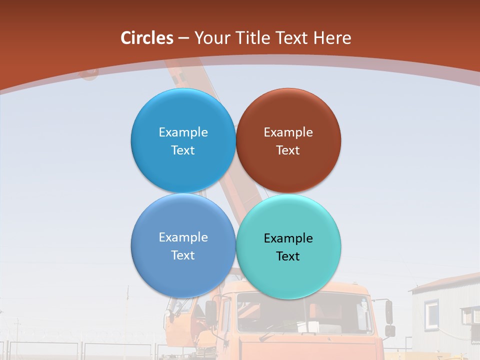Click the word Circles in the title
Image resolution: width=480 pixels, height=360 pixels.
(x=147, y=38)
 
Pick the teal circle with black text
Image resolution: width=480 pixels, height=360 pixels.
(x=288, y=275)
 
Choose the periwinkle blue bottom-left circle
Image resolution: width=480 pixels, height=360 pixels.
(x=183, y=275)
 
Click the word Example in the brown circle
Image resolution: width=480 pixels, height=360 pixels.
(x=288, y=132)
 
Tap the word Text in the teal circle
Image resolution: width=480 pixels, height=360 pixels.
(x=288, y=256)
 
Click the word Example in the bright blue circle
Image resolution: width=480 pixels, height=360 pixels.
(x=183, y=132)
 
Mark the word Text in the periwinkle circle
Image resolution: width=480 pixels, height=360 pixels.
(x=183, y=255)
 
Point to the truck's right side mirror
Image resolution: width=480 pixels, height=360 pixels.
(x=389, y=312)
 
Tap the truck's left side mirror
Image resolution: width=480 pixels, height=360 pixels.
(x=210, y=312)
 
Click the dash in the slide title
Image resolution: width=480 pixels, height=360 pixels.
(x=183, y=38)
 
